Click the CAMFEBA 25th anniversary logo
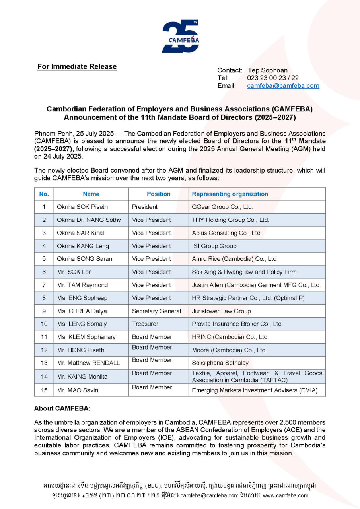pyautogui.click(x=180, y=36)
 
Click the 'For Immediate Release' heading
pyautogui.click(x=77, y=66)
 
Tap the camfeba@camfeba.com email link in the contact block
pyautogui.click(x=283, y=86)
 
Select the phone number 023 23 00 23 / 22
pyautogui.click(x=272, y=78)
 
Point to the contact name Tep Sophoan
pyautogui.click(x=267, y=70)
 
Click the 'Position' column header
pyautogui.click(x=158, y=194)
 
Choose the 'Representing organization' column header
pyautogui.click(x=230, y=194)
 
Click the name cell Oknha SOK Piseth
pyautogui.click(x=82, y=207)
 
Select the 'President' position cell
pyautogui.click(x=145, y=207)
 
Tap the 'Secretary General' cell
pyautogui.click(x=156, y=311)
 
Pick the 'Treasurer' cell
pyautogui.click(x=145, y=324)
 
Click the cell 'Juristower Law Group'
pyautogui.click(x=221, y=311)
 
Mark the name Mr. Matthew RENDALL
pyautogui.click(x=88, y=363)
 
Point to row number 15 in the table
pyautogui.click(x=44, y=390)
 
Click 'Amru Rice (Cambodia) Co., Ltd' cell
pyautogui.click(x=234, y=259)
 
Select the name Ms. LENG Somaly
pyautogui.click(x=82, y=324)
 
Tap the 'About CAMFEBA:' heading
pyautogui.click(x=62, y=408)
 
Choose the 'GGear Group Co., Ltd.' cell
pyautogui.click(x=222, y=207)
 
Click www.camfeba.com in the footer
pyautogui.click(x=285, y=495)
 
